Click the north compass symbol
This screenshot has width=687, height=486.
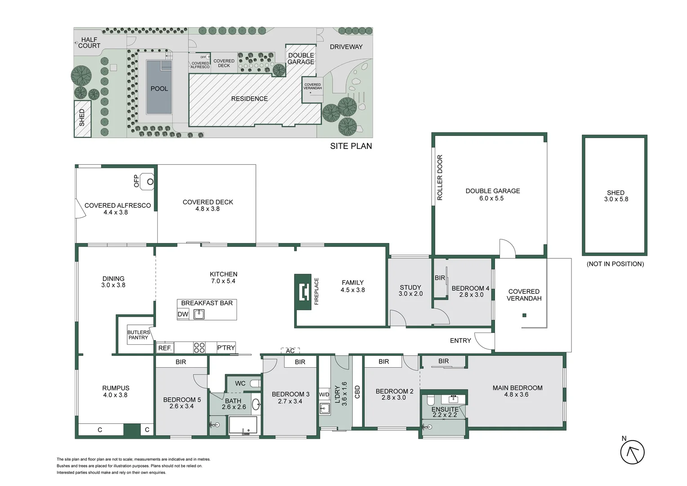[x=632, y=452]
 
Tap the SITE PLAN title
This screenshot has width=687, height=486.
[x=351, y=146]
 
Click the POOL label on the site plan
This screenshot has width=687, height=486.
[x=159, y=89]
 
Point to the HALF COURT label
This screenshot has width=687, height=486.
[x=89, y=43]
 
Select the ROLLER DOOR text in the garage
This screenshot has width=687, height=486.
[x=440, y=178]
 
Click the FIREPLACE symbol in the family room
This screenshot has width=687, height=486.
[x=303, y=292]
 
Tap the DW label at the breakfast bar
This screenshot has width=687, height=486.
[x=183, y=314]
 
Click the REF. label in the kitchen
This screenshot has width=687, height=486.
[x=165, y=348]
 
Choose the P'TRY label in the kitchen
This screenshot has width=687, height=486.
[x=226, y=347]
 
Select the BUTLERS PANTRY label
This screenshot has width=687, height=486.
[x=138, y=335]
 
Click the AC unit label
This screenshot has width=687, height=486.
[x=290, y=351]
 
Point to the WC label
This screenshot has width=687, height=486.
[x=240, y=383]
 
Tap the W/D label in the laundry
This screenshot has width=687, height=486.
[x=324, y=395]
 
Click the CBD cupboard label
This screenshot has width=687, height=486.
[x=357, y=392]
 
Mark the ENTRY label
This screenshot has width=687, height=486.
[x=460, y=341]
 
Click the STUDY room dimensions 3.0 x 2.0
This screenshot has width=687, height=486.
[x=410, y=294]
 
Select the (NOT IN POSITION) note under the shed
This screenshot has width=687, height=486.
[x=615, y=264]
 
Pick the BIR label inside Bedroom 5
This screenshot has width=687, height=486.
[x=181, y=362]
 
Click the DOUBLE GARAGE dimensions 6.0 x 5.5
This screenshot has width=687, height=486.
[x=491, y=198]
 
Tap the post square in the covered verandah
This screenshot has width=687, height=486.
[x=524, y=315]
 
